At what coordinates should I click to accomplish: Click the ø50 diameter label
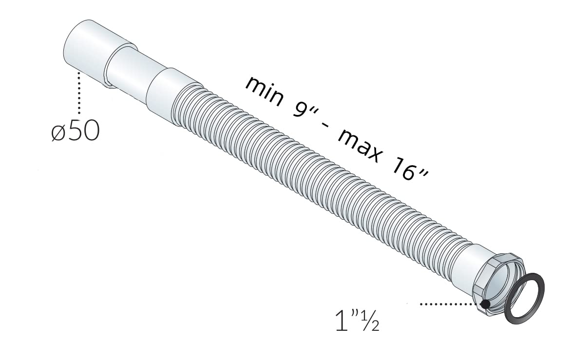[76, 131]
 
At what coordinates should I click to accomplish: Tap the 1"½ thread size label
[357, 321]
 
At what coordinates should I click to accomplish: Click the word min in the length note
[265, 92]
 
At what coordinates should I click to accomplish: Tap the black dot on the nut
[485, 304]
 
